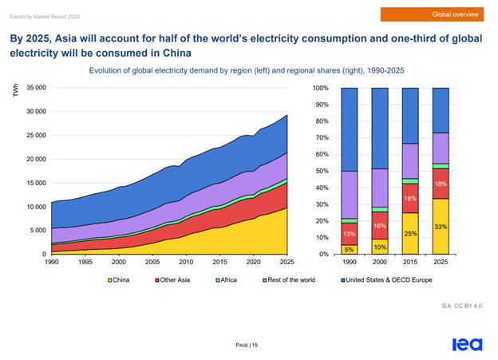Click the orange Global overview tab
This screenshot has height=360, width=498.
pos(434,14)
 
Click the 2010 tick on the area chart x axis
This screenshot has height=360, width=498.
pos(185,263)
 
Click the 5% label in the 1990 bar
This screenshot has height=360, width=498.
pos(349,250)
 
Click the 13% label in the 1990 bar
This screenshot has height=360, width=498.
pos(349,235)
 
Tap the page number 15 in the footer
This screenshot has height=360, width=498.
pos(248,344)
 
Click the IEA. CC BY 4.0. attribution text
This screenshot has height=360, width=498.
pos(462,306)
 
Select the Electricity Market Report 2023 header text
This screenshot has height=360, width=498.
pos(44,15)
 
